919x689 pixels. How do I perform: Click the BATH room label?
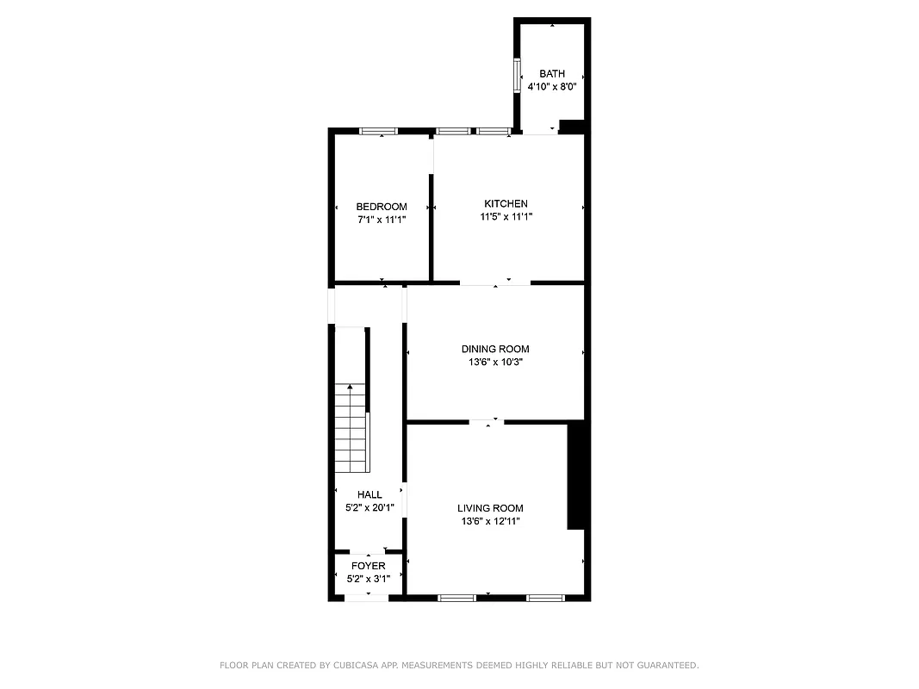pos(552,73)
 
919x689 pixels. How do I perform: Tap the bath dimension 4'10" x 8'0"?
pos(552,86)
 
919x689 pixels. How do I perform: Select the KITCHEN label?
pos(506,203)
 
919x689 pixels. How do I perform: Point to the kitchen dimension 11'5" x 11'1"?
pos(506,217)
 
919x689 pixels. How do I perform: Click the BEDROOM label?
pos(382,207)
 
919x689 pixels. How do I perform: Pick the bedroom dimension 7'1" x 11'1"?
pos(382,220)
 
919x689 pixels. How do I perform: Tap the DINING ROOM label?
pos(495,349)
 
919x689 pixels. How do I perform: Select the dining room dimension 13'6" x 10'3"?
pos(495,363)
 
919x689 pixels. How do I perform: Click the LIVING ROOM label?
pos(490,508)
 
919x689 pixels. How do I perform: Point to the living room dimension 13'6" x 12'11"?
pos(490,521)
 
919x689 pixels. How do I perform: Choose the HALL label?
pos(369,494)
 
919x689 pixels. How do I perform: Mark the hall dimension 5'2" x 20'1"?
pos(369,507)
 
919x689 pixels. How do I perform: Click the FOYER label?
pos(368,566)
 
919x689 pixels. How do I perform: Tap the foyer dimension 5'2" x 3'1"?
pos(368,579)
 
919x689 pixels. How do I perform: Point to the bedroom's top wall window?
pos(377,131)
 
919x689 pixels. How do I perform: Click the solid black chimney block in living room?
pos(577,475)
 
